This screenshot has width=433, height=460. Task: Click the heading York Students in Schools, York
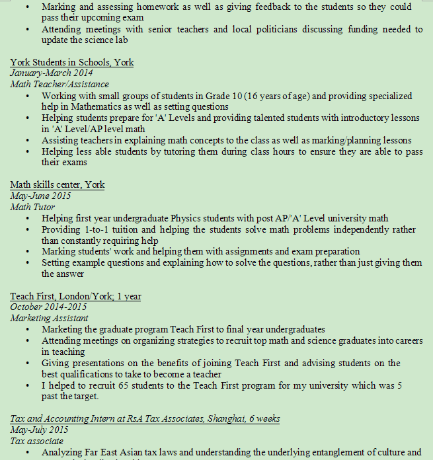pyautogui.click(x=71, y=63)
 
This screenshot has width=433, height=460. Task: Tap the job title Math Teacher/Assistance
pyautogui.click(x=59, y=85)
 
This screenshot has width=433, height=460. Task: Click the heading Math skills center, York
pyautogui.click(x=57, y=185)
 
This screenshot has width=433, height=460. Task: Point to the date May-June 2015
pyautogui.click(x=40, y=196)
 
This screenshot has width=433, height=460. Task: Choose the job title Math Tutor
pyautogui.click(x=30, y=208)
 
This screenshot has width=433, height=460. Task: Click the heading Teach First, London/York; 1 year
pyautogui.click(x=75, y=297)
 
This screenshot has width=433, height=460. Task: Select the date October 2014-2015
pyautogui.click(x=48, y=307)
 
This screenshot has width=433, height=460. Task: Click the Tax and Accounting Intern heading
pyautogui.click(x=145, y=419)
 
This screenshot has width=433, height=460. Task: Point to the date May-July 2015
pyautogui.click(x=39, y=430)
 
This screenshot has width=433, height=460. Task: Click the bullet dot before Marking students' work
pyautogui.click(x=26, y=252)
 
